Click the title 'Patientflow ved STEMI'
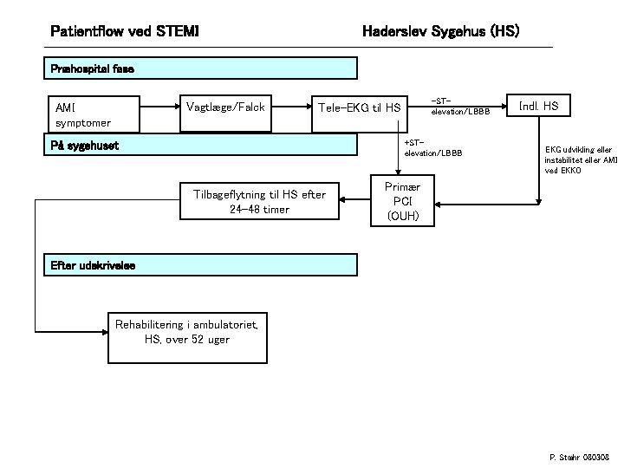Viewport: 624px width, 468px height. (x=125, y=32)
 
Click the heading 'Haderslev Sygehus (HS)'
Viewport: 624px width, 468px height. (x=439, y=32)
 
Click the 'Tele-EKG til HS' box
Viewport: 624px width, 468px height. (x=360, y=107)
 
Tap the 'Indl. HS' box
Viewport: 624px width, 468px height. (x=539, y=107)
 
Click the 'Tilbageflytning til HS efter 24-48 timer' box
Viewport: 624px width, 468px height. (x=259, y=202)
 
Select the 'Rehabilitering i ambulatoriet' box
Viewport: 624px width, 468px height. (x=187, y=331)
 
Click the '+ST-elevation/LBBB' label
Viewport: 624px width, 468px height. (x=432, y=147)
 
